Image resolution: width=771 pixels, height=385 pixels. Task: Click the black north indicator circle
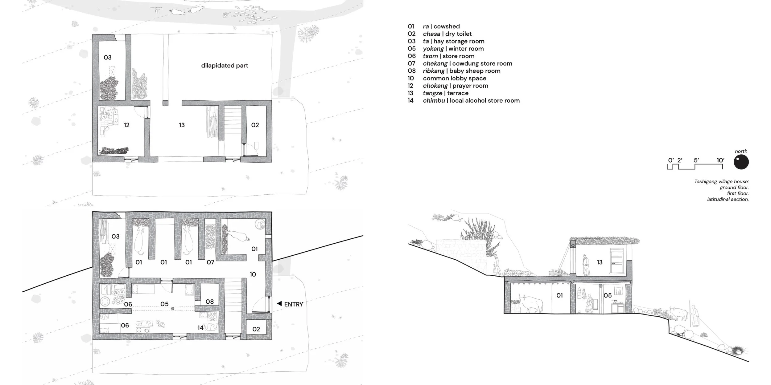(741, 162)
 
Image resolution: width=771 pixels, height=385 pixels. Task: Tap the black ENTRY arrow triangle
(279, 304)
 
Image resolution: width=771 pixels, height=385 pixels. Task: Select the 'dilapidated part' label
(225, 65)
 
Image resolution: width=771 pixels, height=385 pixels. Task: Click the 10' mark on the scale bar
(720, 160)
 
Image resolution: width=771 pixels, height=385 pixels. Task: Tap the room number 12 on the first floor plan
(126, 125)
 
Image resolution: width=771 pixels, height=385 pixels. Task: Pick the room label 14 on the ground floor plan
(200, 328)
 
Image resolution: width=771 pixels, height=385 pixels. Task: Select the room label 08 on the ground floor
(210, 302)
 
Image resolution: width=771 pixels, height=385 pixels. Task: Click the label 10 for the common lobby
(253, 274)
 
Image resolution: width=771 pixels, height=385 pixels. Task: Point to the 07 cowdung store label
(210, 262)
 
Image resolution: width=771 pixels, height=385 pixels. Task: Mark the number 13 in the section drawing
(600, 262)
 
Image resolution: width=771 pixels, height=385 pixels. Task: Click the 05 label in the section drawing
(608, 296)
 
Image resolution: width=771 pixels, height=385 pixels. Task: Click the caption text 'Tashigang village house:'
(722, 182)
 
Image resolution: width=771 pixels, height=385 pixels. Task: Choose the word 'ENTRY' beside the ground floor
(294, 304)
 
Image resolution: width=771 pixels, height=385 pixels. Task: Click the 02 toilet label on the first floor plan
(255, 125)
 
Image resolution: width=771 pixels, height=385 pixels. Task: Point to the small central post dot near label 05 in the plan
(173, 308)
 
